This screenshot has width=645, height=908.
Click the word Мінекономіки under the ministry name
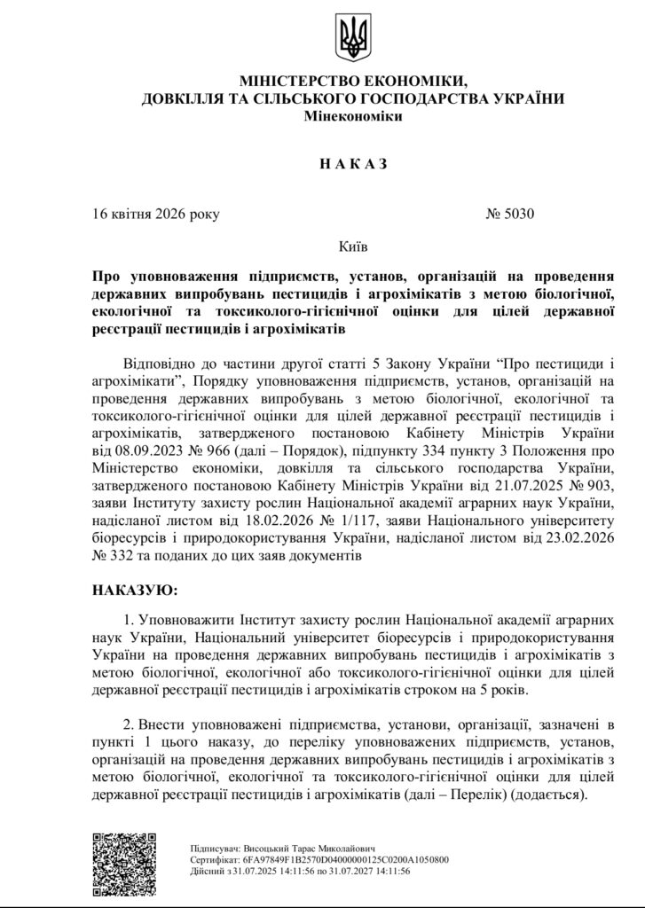(x=352, y=117)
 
